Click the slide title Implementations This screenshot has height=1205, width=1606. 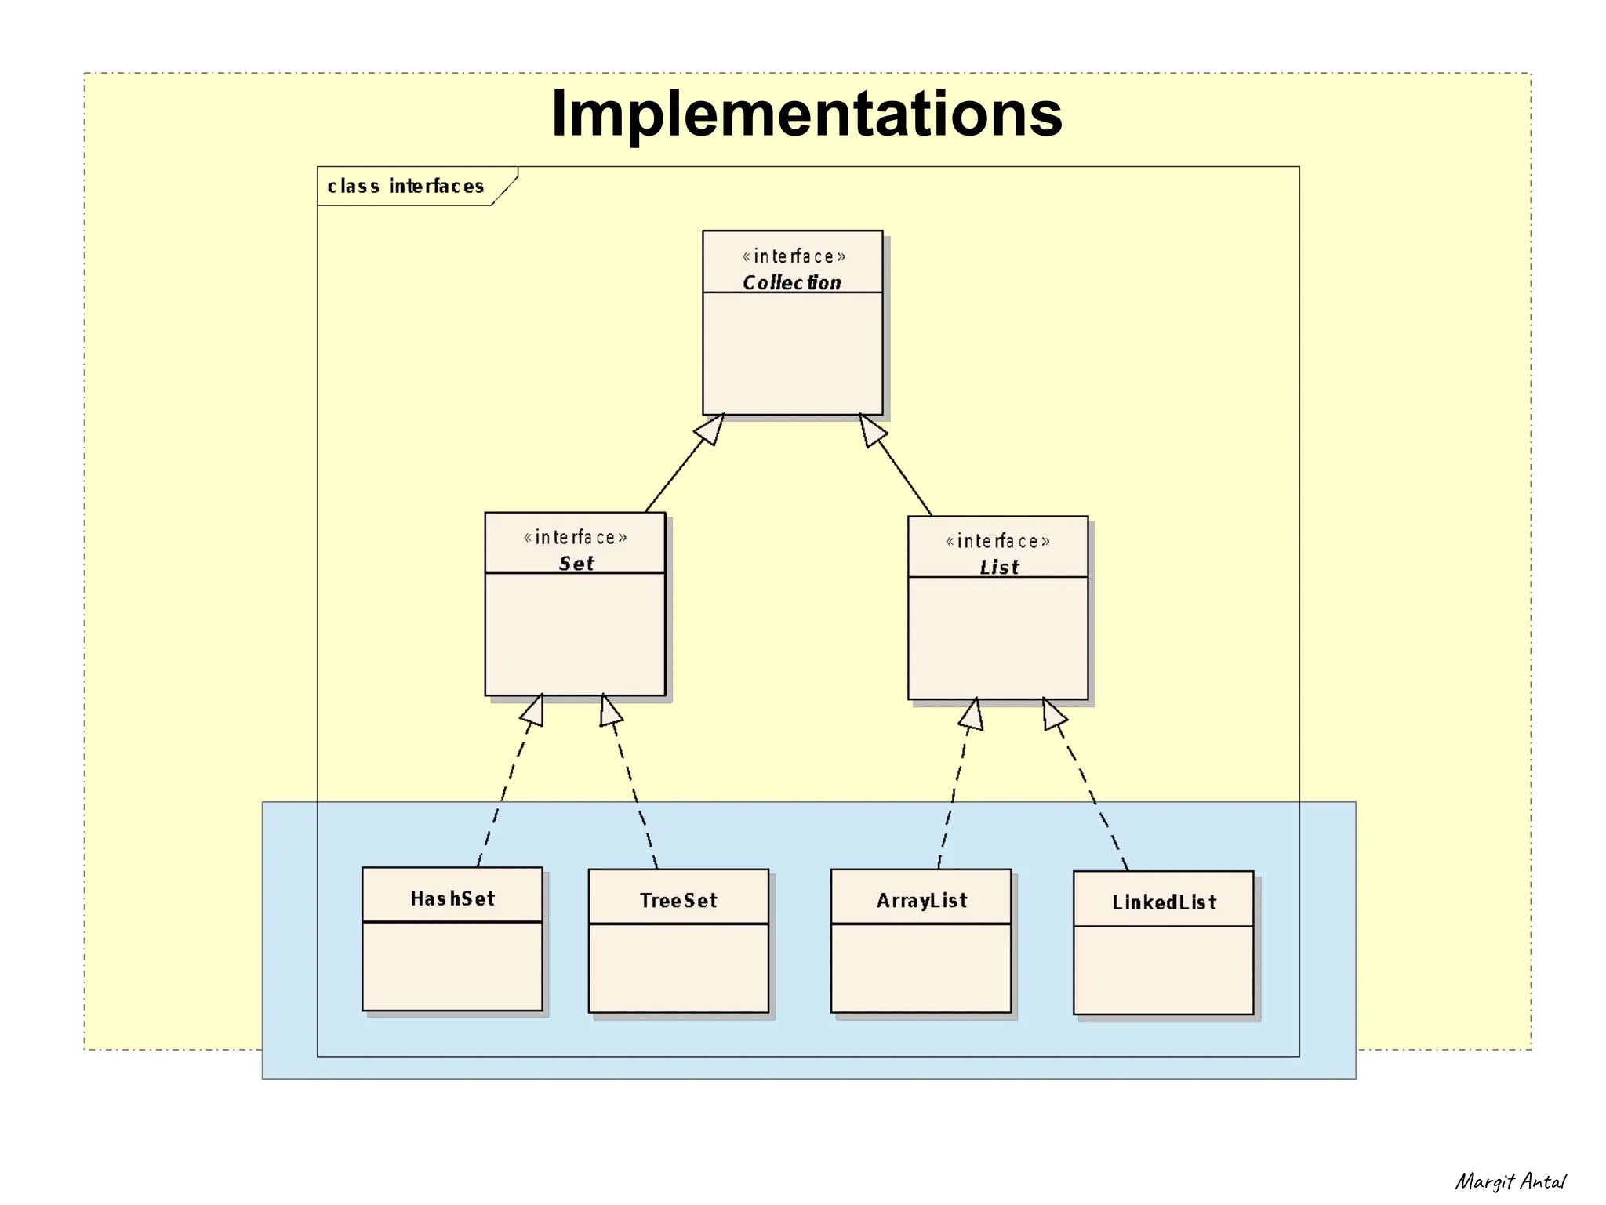(806, 114)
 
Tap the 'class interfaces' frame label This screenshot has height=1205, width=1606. (405, 187)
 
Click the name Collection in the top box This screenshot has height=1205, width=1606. (792, 282)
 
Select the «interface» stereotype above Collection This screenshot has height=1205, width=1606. (794, 256)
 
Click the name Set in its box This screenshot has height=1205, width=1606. (576, 563)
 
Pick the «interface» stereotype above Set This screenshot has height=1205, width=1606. (575, 538)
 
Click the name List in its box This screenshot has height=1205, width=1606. (999, 567)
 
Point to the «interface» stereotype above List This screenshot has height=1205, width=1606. (997, 542)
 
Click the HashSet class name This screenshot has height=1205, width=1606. (452, 898)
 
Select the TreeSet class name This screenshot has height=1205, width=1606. (678, 900)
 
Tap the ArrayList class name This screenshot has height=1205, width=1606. (921, 900)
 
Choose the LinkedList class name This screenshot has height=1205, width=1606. (1164, 902)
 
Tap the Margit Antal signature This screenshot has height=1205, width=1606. (1510, 1181)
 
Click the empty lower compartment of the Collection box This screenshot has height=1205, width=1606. (792, 353)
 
